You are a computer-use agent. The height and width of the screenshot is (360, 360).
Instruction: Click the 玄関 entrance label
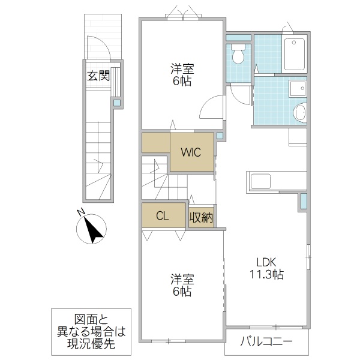[98, 76]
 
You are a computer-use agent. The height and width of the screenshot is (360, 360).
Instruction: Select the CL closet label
[163, 216]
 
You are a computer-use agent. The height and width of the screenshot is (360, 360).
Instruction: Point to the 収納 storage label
[201, 217]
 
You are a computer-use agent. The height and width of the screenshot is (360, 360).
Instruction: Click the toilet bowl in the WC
[239, 55]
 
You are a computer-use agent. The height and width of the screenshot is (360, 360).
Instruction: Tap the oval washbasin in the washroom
[299, 112]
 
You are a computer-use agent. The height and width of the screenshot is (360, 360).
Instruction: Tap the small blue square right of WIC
[220, 136]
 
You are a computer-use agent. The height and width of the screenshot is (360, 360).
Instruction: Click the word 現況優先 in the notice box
[90, 346]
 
